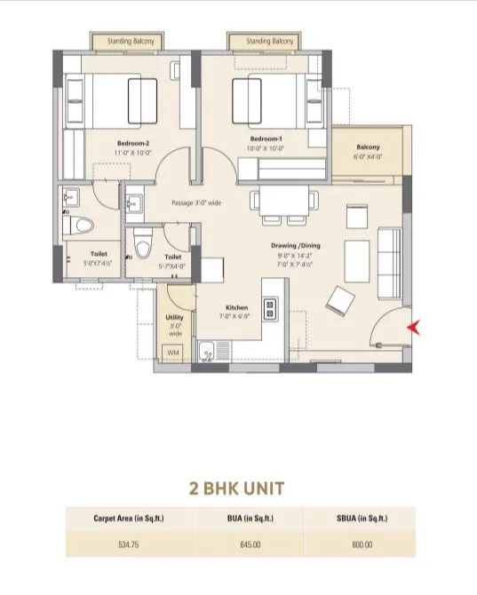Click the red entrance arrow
coord(411,328)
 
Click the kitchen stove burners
coord(272,308)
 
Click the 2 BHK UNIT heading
coord(240,488)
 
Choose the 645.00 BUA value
coord(240,544)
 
